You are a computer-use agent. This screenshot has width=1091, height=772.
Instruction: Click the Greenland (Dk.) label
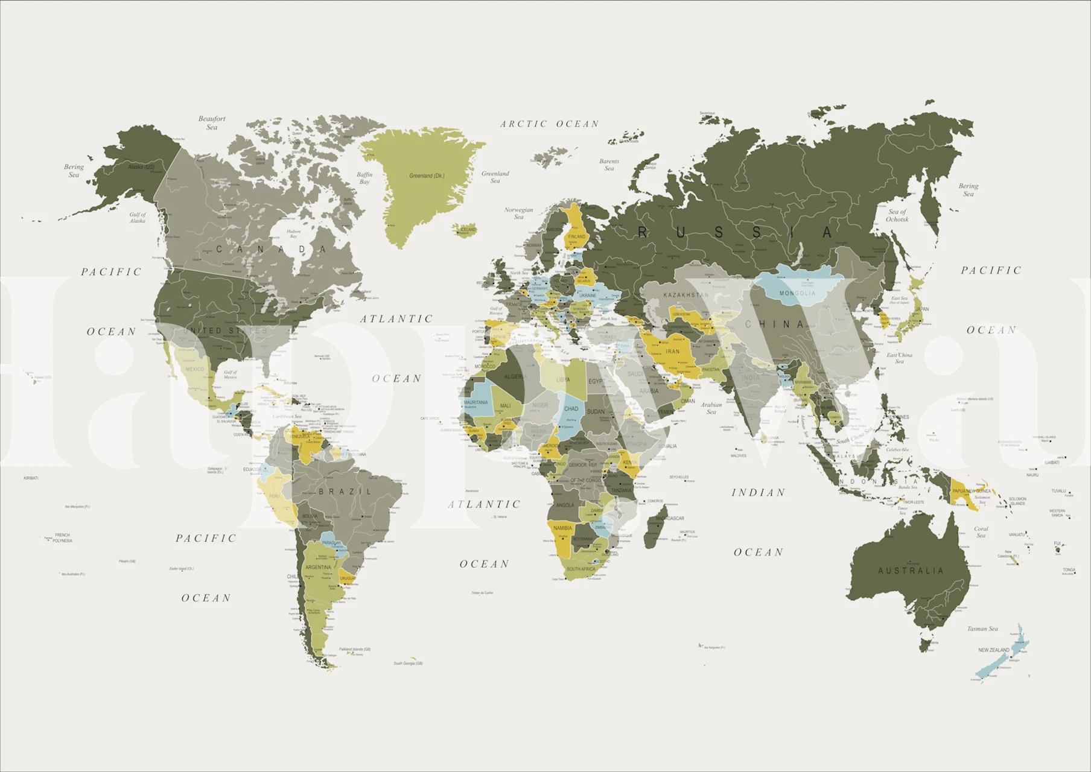(x=427, y=176)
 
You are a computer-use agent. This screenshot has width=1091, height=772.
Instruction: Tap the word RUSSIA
(x=736, y=232)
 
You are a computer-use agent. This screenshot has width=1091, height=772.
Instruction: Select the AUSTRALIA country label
(x=910, y=571)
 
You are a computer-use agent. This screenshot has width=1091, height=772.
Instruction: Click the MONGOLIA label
(x=797, y=293)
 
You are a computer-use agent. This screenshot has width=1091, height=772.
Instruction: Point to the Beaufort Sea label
(x=212, y=123)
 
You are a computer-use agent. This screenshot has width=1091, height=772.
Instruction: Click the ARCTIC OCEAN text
(x=549, y=124)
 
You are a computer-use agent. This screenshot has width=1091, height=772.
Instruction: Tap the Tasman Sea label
(x=982, y=628)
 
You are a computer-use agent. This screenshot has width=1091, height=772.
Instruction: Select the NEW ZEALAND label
(x=993, y=650)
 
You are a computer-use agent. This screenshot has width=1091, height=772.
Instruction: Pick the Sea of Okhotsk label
(x=897, y=215)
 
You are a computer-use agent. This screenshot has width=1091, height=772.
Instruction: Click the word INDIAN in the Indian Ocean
(x=758, y=493)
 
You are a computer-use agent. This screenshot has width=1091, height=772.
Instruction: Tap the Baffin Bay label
(x=364, y=178)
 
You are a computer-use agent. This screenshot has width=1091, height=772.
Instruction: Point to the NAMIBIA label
(x=562, y=528)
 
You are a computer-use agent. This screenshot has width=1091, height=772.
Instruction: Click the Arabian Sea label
(x=711, y=408)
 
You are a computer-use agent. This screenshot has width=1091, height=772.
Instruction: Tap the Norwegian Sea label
(x=518, y=213)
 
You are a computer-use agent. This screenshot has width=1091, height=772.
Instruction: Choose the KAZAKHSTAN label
(x=686, y=295)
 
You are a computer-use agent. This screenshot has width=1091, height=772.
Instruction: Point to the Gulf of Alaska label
(x=138, y=218)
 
